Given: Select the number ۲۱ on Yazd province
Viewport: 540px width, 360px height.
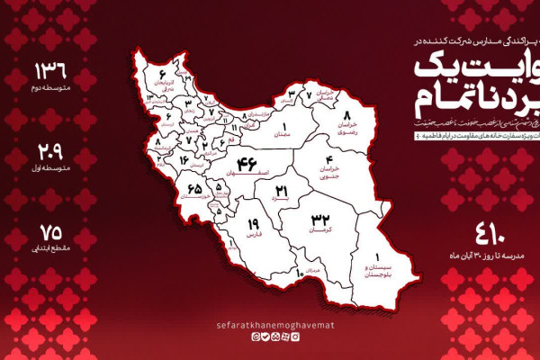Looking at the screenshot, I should (x=281, y=191).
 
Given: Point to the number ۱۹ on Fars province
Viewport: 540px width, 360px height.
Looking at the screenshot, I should (x=253, y=224).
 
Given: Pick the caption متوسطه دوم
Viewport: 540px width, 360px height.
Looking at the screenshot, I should (x=50, y=90).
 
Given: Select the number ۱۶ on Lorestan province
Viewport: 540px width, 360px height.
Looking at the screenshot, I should (x=184, y=160).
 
